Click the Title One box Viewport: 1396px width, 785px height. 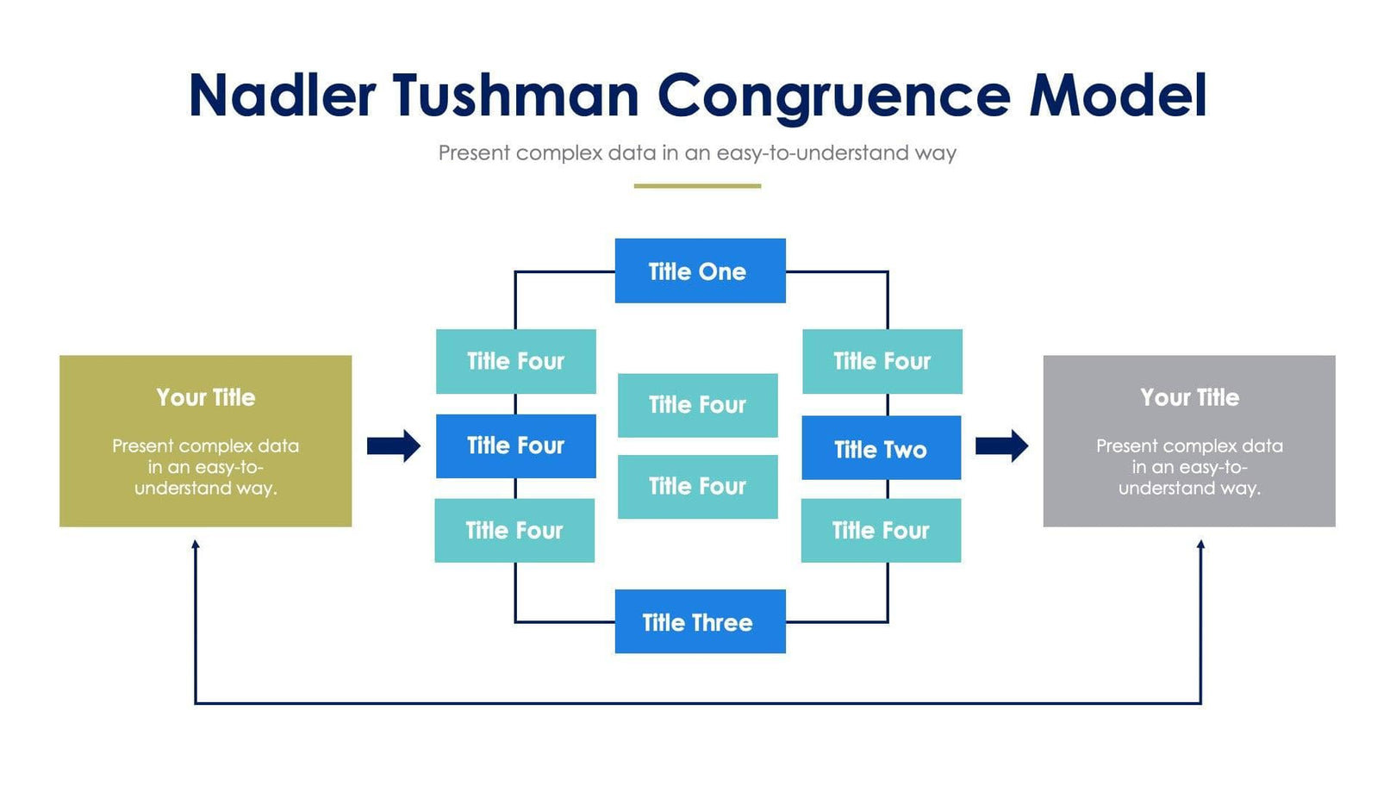tap(700, 271)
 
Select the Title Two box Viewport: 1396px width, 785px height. tap(881, 448)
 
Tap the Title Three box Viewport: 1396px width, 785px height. tap(700, 621)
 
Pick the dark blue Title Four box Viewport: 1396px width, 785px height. tap(515, 445)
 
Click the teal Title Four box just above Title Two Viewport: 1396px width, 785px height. tap(882, 361)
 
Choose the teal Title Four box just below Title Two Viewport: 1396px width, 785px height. tap(881, 530)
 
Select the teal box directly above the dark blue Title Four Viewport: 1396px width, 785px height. tap(515, 361)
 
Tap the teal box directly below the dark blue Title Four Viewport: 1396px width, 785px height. tap(514, 530)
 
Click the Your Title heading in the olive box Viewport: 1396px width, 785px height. tap(206, 397)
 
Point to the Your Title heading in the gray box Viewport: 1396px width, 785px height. tap(1189, 397)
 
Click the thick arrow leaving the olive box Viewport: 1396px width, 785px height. tap(394, 445)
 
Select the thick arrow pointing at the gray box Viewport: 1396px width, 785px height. tap(1001, 445)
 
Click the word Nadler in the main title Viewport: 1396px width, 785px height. tap(282, 95)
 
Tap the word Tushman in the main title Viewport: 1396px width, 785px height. tap(515, 95)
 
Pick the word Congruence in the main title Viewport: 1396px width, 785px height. tap(833, 95)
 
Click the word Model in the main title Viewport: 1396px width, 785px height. tap(1118, 95)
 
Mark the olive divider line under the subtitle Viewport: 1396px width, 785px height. tap(697, 185)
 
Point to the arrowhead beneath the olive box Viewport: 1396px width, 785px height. tap(196, 545)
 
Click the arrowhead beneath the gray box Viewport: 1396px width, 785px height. tap(1200, 545)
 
